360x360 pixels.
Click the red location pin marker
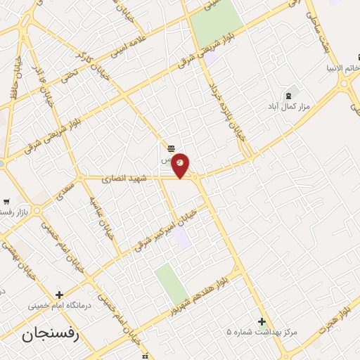tap(181, 165)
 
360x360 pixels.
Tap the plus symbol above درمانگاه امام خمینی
tap(59, 295)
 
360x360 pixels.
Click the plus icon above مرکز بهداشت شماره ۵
tap(262, 321)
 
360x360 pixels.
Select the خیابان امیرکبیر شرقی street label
tap(168, 226)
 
